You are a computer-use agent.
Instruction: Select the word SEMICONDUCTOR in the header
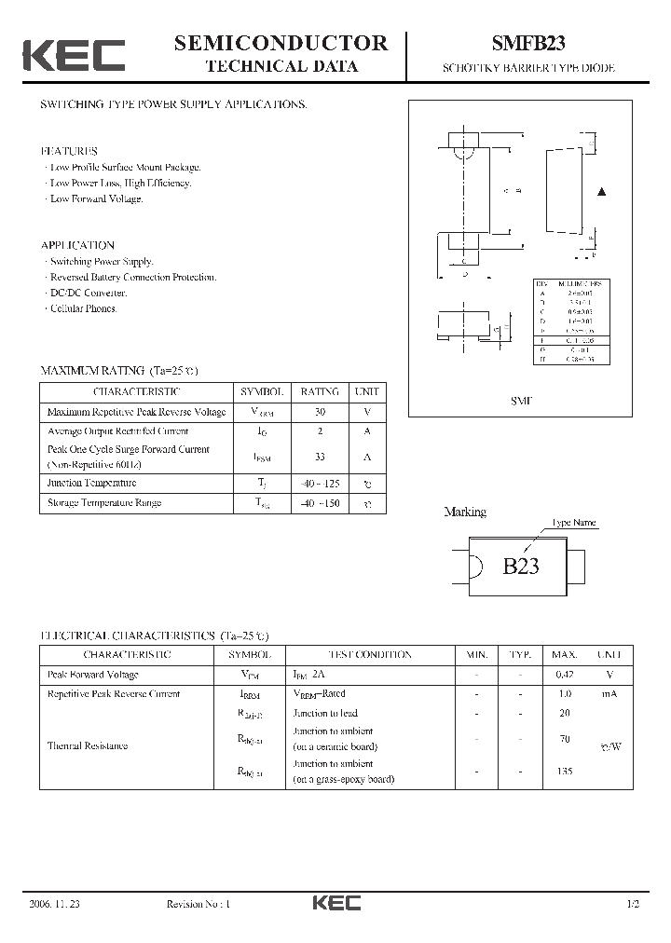point(281,42)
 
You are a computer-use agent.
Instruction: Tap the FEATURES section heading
point(69,151)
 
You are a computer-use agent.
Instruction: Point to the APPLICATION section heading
point(77,245)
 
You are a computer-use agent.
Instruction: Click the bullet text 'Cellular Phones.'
point(83,308)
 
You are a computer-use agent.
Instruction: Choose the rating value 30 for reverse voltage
point(319,412)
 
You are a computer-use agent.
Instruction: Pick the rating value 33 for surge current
point(319,457)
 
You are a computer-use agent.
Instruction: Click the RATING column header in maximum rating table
point(319,392)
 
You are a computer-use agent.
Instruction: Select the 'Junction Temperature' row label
point(91,483)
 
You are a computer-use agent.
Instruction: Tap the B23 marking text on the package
point(521,566)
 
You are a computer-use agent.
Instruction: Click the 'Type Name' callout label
point(574,523)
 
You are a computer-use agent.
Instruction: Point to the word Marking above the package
point(465,512)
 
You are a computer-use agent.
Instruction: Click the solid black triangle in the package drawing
point(601,192)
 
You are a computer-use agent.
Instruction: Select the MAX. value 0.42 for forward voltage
point(565,675)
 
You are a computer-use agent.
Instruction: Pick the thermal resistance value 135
point(565,772)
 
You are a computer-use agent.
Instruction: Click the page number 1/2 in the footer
point(634,904)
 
